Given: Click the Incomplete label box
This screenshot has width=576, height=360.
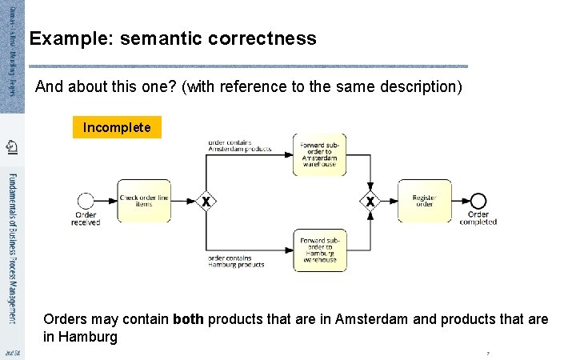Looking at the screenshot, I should (x=117, y=127).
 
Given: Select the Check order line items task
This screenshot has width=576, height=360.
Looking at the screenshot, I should (x=144, y=200).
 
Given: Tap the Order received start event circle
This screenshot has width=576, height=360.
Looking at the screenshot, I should (x=86, y=200).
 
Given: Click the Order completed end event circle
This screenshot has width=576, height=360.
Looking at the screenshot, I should (x=478, y=200).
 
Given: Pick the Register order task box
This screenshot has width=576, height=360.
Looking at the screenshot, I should (x=424, y=200).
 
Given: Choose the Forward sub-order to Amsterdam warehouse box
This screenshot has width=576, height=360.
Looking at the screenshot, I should (x=320, y=154).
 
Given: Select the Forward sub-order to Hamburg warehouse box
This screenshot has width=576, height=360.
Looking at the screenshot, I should (x=320, y=250).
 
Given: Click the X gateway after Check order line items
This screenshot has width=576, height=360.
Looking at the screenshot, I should (x=206, y=201).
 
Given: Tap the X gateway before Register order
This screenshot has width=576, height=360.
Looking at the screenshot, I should (x=370, y=201).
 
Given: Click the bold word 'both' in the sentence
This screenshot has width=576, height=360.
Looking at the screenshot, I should (x=187, y=319).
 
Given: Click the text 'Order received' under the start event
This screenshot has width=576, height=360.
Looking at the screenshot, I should (x=86, y=218).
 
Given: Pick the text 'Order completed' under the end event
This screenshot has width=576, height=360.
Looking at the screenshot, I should (x=478, y=218).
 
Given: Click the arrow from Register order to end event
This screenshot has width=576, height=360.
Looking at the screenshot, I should (x=459, y=200).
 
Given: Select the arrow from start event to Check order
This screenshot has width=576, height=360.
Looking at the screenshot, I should (x=106, y=200).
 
